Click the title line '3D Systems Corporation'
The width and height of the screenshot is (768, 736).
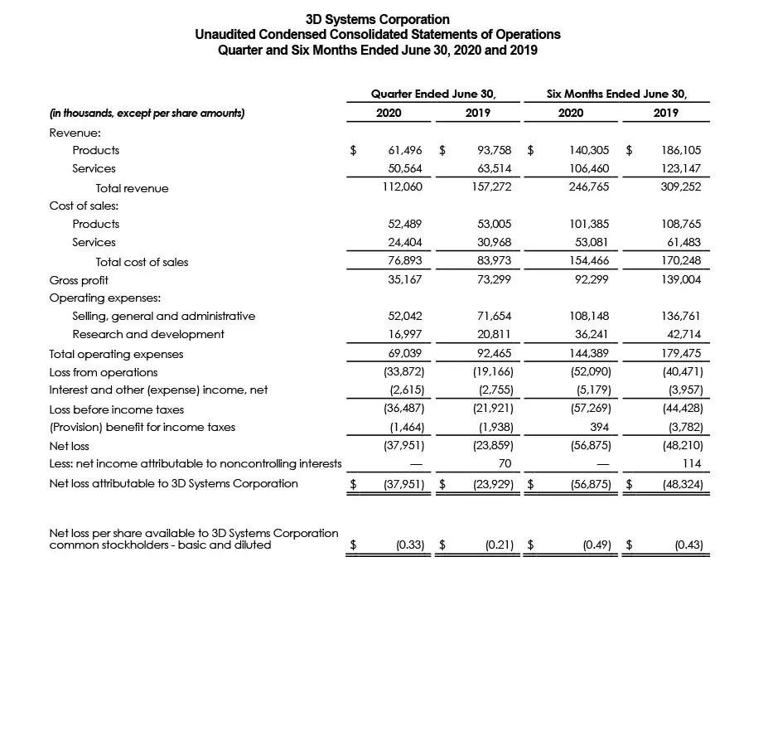pyautogui.click(x=377, y=19)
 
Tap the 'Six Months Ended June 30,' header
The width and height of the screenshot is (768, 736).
pyautogui.click(x=616, y=94)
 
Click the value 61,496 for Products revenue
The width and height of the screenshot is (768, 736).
pyautogui.click(x=405, y=151)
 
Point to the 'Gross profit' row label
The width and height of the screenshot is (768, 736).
pyautogui.click(x=79, y=280)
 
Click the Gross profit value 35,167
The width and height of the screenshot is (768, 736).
pyautogui.click(x=405, y=280)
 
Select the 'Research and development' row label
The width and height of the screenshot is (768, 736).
pyautogui.click(x=148, y=335)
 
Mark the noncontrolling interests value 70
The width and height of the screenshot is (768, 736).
pyautogui.click(x=505, y=464)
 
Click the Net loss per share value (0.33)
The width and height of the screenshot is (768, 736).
pyautogui.click(x=411, y=545)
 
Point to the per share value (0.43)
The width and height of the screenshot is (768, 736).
pyautogui.click(x=688, y=545)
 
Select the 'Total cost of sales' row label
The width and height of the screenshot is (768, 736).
pyautogui.click(x=142, y=263)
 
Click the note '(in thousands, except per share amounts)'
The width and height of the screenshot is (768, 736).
pyautogui.click(x=147, y=114)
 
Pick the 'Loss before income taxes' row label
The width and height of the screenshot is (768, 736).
pyautogui.click(x=117, y=409)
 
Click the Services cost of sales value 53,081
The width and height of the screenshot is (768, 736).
pyautogui.click(x=590, y=243)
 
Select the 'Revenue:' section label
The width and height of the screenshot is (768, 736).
pyautogui.click(x=75, y=133)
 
